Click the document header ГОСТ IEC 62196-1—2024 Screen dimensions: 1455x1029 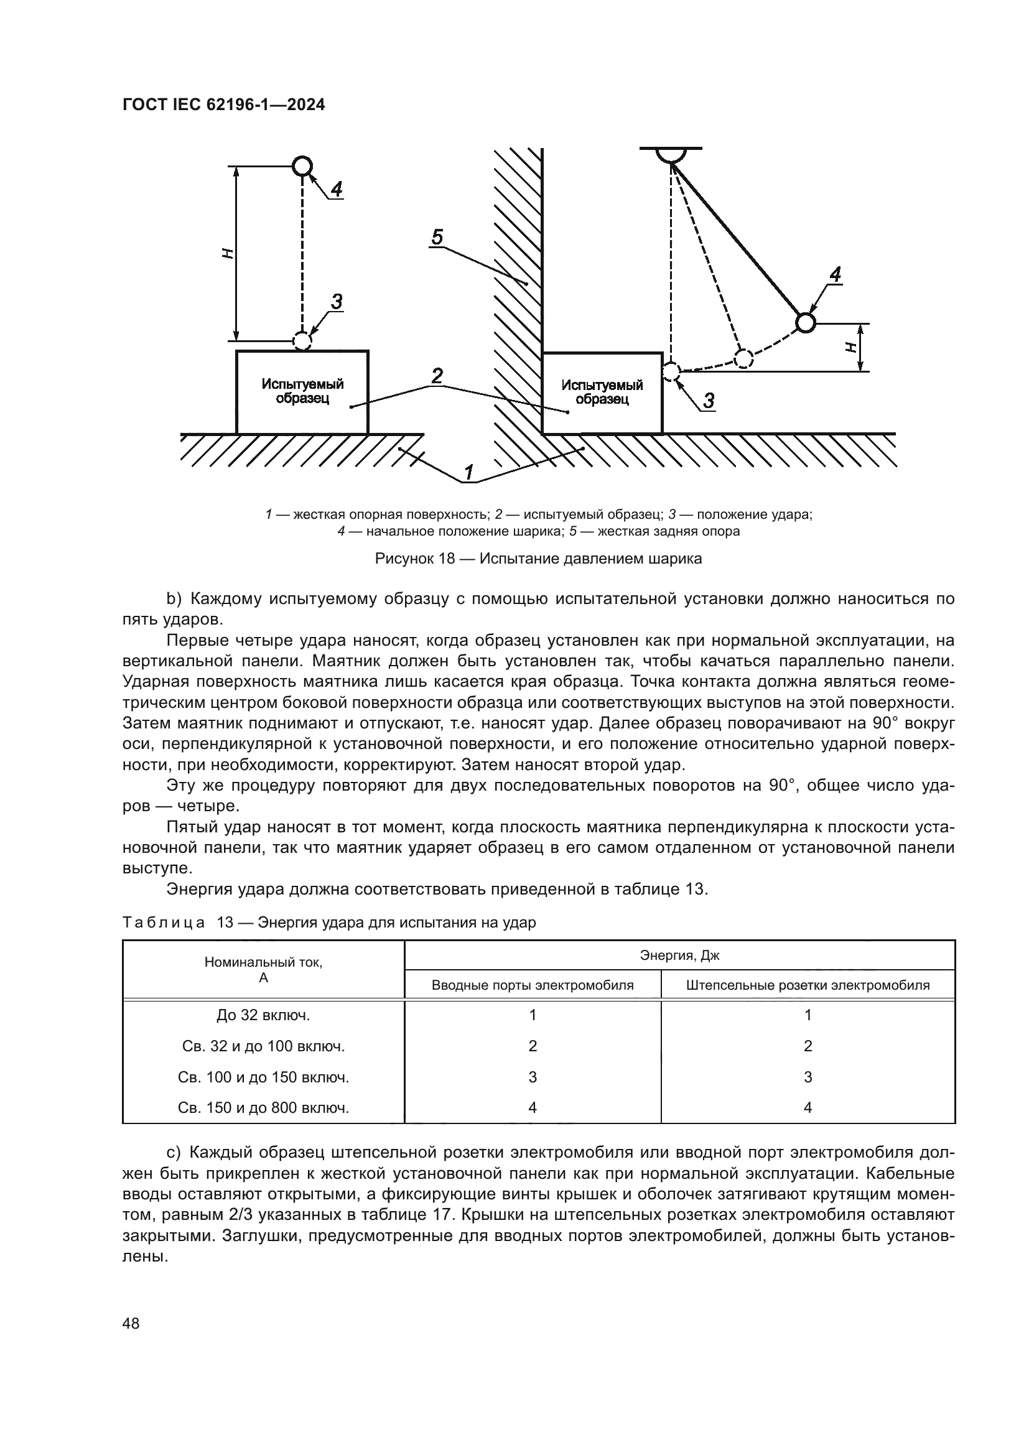pos(223,105)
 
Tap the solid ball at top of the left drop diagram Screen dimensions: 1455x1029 pos(302,166)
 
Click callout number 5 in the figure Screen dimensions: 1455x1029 pos(437,237)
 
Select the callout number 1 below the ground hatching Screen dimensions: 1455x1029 pos(469,472)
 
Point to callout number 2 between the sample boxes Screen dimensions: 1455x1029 pos(437,376)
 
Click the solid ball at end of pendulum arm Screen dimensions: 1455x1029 pos(804,323)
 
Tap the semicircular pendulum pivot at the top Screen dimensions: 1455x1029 pos(671,154)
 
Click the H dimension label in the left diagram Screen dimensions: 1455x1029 pos(228,253)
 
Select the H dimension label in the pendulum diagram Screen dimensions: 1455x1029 pos(851,346)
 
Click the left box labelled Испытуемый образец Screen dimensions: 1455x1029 pos(302,392)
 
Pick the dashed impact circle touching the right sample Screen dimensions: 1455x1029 pos(671,371)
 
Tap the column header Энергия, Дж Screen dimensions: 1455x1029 pos(679,955)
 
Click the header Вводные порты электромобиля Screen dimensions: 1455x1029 pos(533,985)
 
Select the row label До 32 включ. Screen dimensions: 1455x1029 pos(263,1015)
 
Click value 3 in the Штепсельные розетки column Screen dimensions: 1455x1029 pos(808,1077)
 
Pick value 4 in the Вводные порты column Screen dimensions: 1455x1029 pos(533,1107)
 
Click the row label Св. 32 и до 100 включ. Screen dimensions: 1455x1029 pos(263,1046)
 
